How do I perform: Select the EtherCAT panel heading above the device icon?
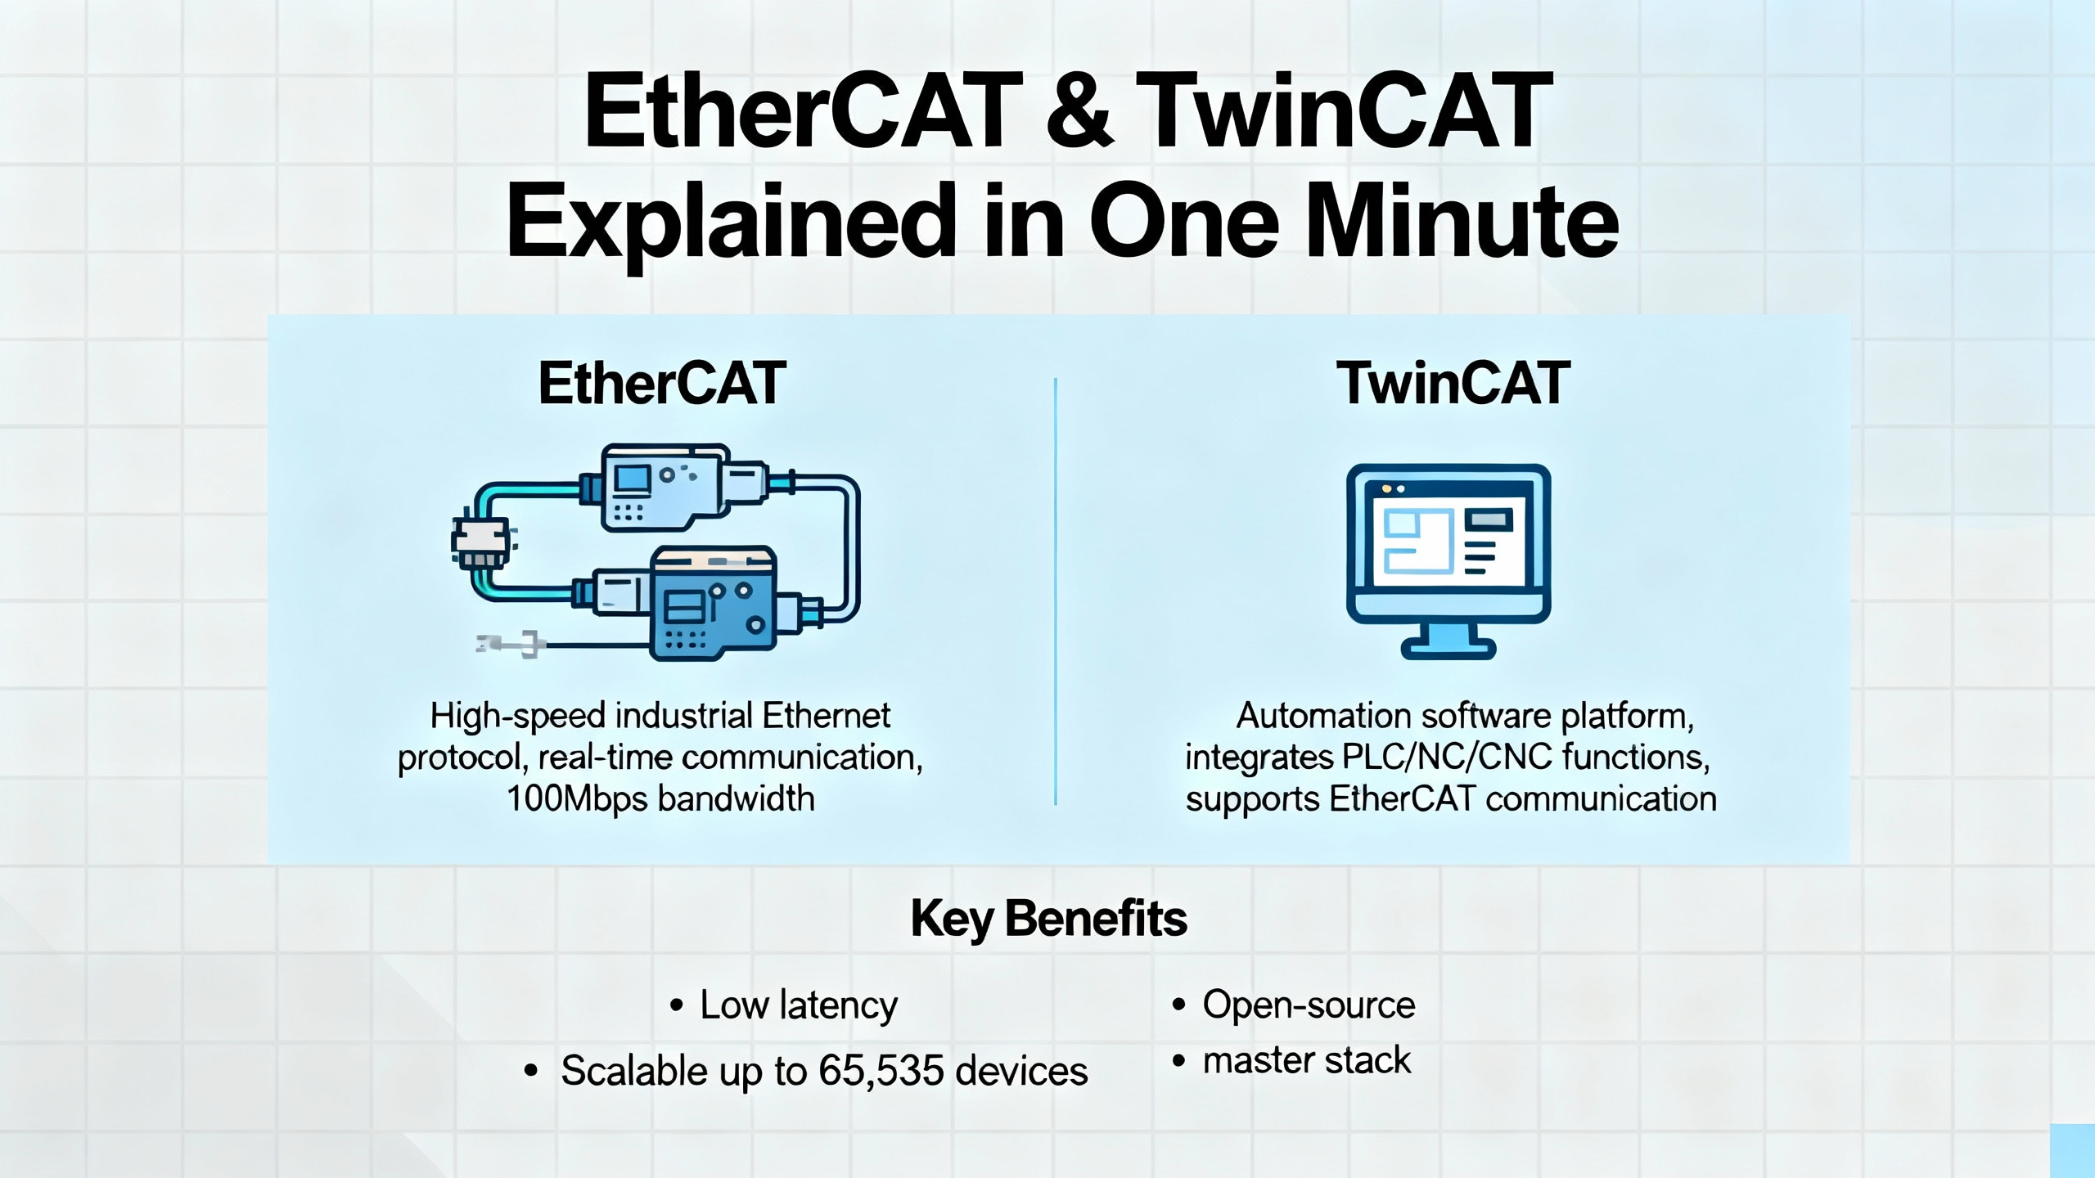662,383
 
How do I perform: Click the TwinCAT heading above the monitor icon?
1453,383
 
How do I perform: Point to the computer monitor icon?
1448,561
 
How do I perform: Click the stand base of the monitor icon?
1448,650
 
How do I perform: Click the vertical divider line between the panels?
1056,591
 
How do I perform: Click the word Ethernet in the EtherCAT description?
826,716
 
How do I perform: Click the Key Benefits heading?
1048,919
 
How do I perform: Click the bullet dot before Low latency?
676,1005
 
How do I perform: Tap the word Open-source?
1309,1005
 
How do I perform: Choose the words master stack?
1307,1060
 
